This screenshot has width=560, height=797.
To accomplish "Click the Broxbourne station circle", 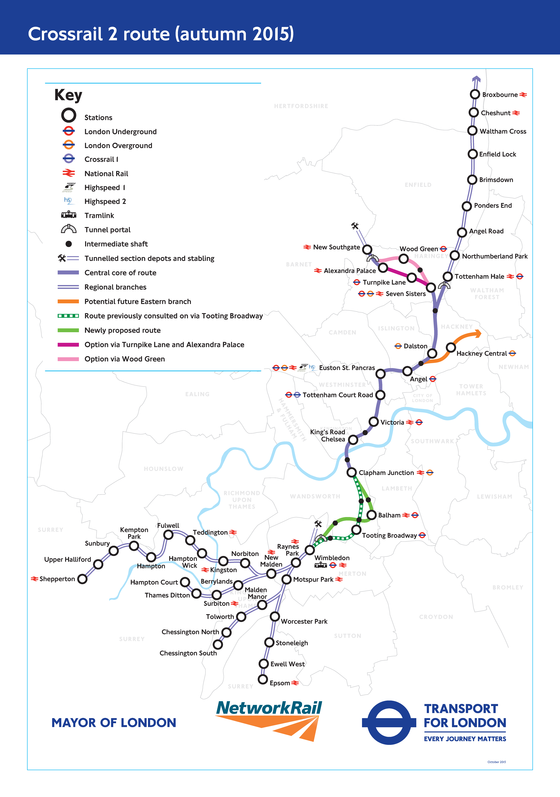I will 475,94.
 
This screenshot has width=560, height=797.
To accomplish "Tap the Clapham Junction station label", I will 386,473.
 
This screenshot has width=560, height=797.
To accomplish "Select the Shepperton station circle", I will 82,579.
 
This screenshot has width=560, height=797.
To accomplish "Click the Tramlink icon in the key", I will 69,215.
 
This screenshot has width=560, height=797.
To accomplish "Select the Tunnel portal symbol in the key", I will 69,229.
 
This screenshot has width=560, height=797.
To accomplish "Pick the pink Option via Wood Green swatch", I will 68,359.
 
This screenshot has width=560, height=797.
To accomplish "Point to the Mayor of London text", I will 114,723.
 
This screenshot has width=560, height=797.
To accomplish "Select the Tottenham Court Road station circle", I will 381,395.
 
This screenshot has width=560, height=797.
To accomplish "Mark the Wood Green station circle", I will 403,259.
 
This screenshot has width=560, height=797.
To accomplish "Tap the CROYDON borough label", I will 436,617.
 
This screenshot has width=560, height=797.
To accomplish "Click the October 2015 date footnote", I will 496,762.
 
